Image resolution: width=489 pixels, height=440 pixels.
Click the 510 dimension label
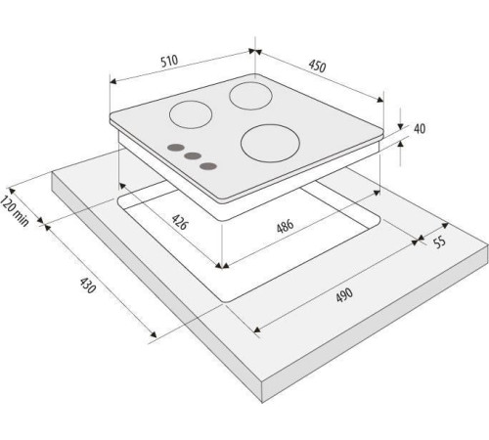[x=169, y=61]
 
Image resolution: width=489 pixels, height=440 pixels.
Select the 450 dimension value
[x=317, y=66]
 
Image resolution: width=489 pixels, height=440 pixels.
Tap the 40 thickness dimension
[x=420, y=129]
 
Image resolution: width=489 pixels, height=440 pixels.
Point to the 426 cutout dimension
[x=180, y=222]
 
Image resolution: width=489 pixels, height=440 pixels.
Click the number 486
[x=286, y=226]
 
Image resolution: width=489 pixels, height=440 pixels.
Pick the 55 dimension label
[x=440, y=242]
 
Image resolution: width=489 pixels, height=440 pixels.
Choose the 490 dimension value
[x=344, y=294]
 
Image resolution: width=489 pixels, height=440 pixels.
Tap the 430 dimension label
[x=88, y=286]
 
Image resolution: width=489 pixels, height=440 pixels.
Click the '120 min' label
[x=15, y=211]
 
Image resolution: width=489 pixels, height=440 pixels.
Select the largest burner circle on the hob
[x=270, y=143]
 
